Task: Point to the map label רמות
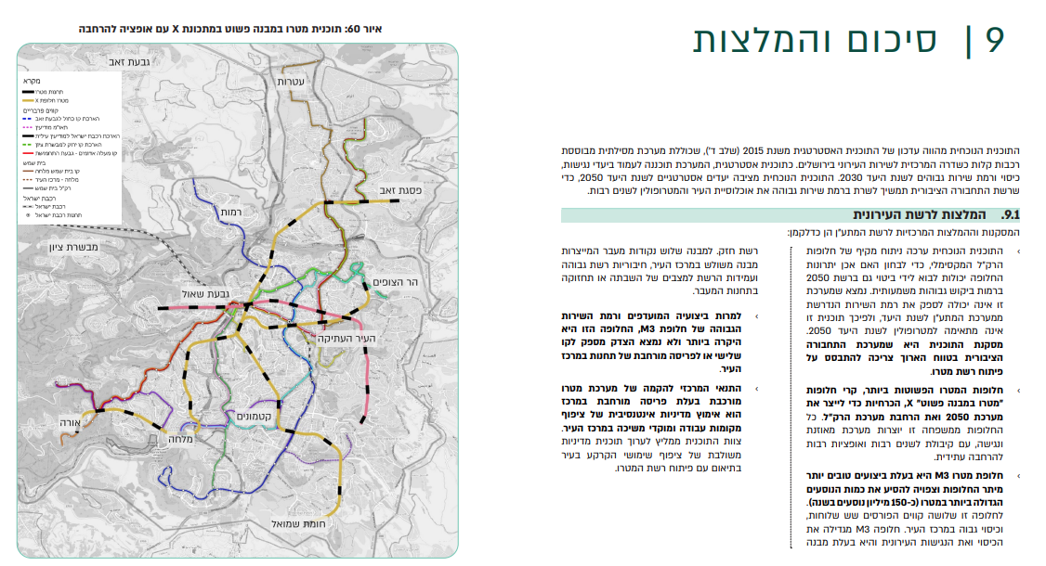[x=231, y=213]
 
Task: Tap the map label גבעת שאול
[x=192, y=294]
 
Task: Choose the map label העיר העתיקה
[x=346, y=340]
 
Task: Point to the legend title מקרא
[x=34, y=82]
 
